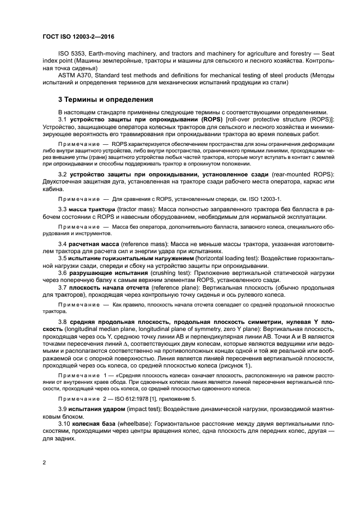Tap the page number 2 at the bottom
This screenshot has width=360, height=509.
(x=44, y=462)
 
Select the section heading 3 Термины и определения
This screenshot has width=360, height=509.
(x=101, y=100)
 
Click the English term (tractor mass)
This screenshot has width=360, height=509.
(x=134, y=209)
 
